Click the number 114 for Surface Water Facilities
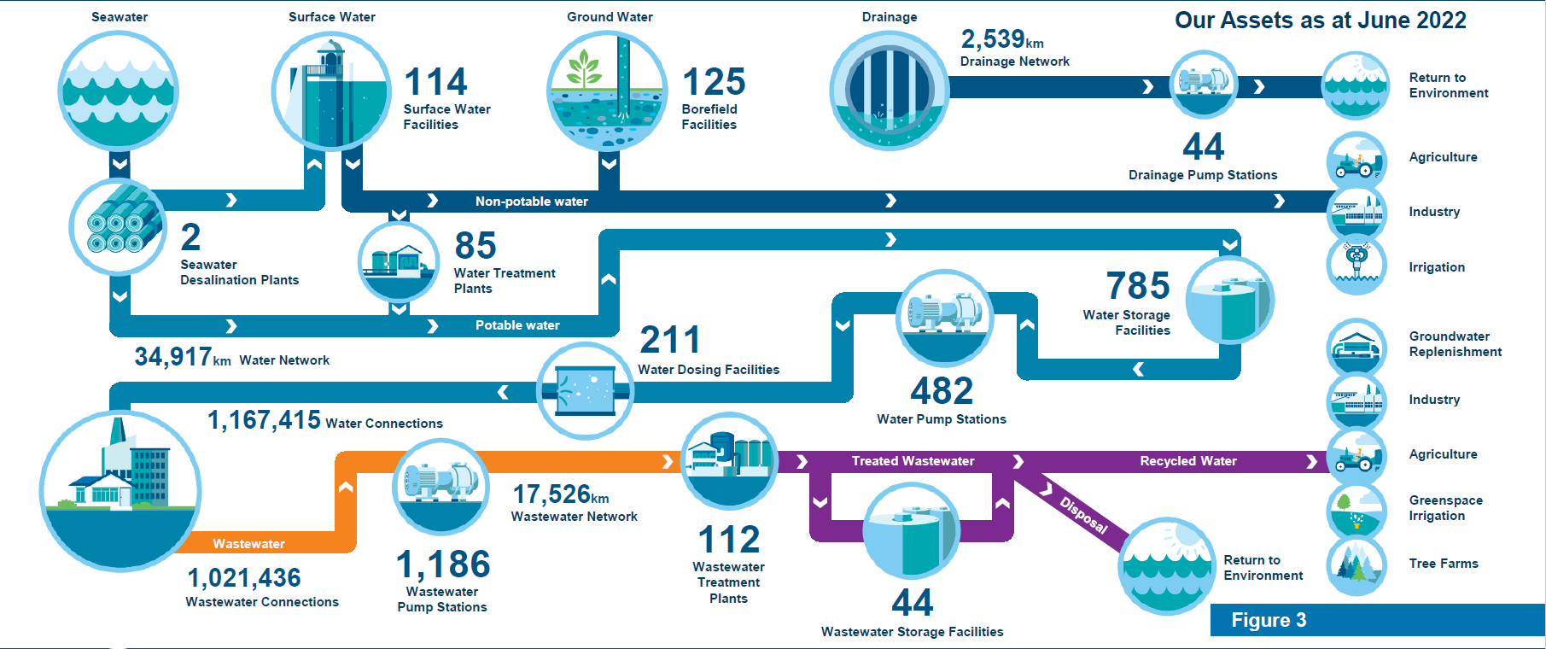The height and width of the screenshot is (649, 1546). tap(435, 82)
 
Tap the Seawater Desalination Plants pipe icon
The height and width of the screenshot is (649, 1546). tap(118, 226)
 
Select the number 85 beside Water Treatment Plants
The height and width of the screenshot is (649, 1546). tap(475, 246)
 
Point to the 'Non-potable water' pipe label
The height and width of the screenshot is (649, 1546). tap(532, 202)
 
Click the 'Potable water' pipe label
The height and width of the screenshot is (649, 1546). tap(517, 325)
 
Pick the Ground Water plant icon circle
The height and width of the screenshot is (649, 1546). tap(607, 91)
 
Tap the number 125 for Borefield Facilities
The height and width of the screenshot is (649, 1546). tap(714, 82)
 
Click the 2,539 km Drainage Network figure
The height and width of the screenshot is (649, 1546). tap(1002, 39)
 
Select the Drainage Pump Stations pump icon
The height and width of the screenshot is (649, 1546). tap(1204, 83)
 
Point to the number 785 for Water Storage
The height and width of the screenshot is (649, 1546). tap(1138, 285)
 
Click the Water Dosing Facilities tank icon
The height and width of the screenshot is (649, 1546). tap(585, 391)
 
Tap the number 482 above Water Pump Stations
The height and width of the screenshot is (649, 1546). tap(942, 391)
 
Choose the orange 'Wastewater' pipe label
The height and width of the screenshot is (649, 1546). tap(248, 544)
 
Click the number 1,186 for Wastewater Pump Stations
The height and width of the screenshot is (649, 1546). tap(443, 564)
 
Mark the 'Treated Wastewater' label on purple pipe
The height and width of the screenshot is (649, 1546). tap(913, 461)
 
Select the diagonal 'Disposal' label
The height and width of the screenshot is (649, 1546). tap(1083, 515)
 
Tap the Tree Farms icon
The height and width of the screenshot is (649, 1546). tap(1356, 564)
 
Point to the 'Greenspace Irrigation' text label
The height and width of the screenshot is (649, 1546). tap(1445, 508)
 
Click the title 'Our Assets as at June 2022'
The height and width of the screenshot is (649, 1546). tap(1320, 20)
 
